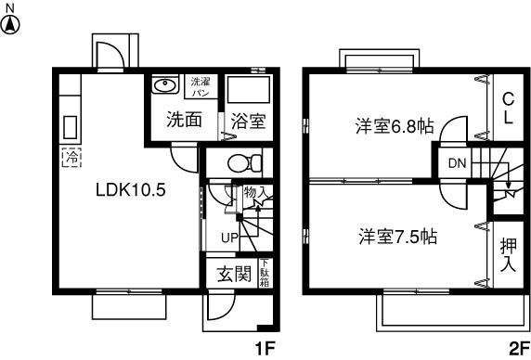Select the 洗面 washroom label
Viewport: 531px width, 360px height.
coord(184,120)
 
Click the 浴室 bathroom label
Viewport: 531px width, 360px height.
coord(248,120)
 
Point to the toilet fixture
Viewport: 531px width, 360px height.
coord(240,161)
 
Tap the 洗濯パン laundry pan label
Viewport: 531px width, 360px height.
coord(200,87)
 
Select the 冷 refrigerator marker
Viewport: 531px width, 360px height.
coord(71,157)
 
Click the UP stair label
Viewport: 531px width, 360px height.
coord(229,238)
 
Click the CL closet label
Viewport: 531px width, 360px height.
coord(507,109)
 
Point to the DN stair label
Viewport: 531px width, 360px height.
coord(457,164)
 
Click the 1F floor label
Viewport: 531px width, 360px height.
coord(265,348)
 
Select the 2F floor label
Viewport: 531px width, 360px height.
coord(517,348)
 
